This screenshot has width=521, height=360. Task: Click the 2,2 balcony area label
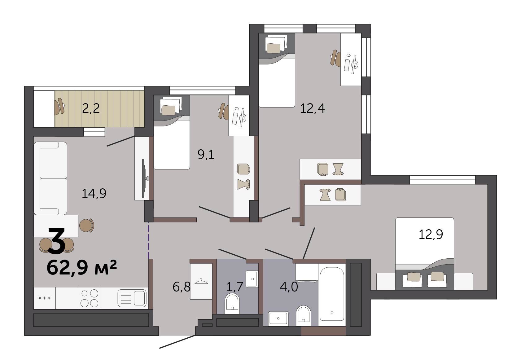pyautogui.click(x=91, y=108)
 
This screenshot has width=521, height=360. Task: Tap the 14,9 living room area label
pyautogui.click(x=94, y=193)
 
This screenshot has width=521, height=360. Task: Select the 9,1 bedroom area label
pyautogui.click(x=206, y=155)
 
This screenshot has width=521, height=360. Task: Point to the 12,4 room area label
pyautogui.click(x=312, y=108)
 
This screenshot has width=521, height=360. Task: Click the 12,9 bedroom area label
pyautogui.click(x=431, y=234)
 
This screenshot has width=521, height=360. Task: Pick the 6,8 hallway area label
pyautogui.click(x=182, y=287)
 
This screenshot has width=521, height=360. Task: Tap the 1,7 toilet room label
pyautogui.click(x=235, y=287)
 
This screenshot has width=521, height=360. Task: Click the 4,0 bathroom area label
pyautogui.click(x=289, y=287)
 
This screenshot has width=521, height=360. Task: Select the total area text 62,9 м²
pyautogui.click(x=81, y=268)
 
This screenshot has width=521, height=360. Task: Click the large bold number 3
pyautogui.click(x=56, y=241)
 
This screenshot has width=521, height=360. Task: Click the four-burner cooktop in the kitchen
pyautogui.click(x=90, y=298)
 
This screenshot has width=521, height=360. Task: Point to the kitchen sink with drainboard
pyautogui.click(x=132, y=298)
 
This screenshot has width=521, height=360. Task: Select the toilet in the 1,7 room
pyautogui.click(x=232, y=303)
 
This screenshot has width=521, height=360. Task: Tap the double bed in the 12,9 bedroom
pyautogui.click(x=424, y=254)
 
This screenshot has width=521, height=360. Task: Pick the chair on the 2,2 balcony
pyautogui.click(x=59, y=107)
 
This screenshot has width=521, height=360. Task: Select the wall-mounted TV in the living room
pyautogui.click(x=144, y=179)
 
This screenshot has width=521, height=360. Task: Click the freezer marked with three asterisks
pyautogui.click(x=44, y=298)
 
